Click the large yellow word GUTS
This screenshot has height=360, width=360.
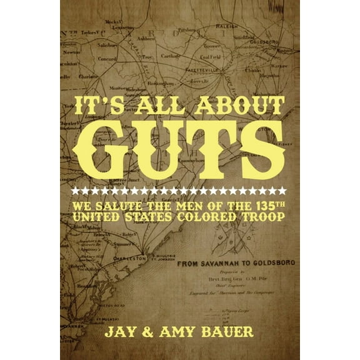179,148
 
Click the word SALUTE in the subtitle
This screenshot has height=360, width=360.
120,204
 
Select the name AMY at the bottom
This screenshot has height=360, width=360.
167,331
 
